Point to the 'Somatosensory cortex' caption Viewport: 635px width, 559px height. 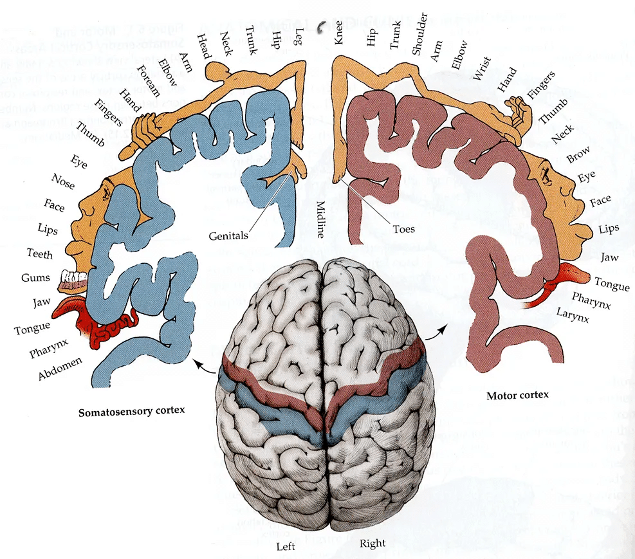tap(127, 411)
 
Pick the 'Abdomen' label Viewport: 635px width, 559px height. tap(60, 369)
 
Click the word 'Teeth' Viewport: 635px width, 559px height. tap(40, 253)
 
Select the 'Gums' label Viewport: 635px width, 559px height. tap(34, 277)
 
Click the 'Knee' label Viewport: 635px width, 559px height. tap(339, 31)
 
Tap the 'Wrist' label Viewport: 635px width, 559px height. tap(481, 69)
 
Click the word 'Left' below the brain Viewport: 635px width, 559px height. tap(286, 547)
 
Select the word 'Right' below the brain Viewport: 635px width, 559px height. tap(373, 544)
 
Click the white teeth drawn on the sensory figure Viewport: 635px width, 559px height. tap(73, 278)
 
